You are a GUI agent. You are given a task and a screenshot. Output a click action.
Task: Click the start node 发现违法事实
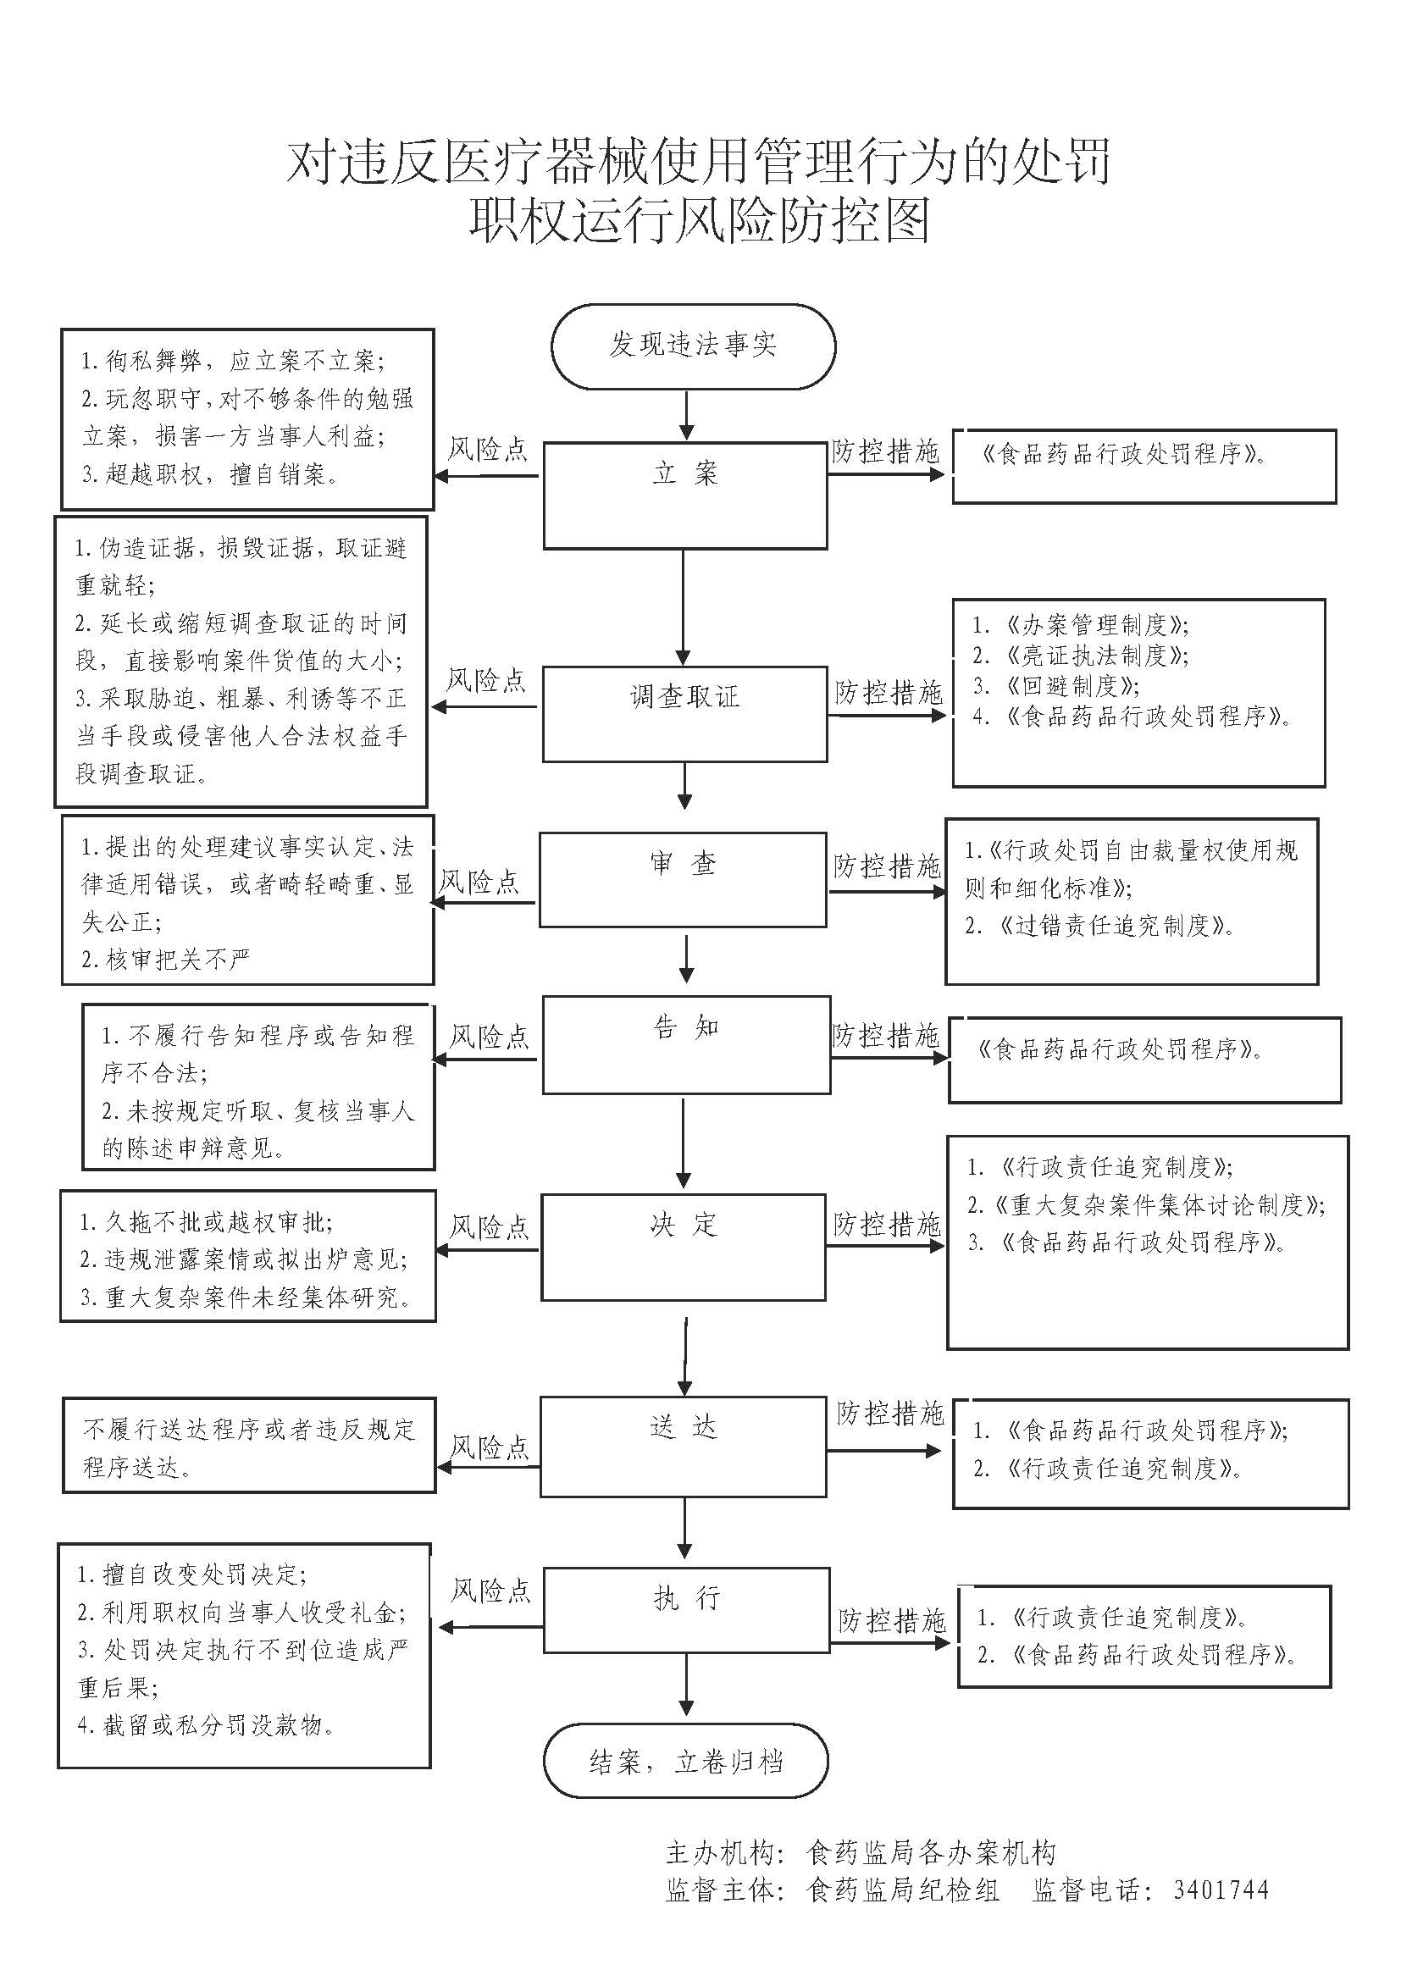pos(693,345)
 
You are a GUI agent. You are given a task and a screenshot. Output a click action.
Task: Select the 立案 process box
pos(685,495)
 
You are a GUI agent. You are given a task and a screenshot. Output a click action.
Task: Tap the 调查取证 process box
pos(685,712)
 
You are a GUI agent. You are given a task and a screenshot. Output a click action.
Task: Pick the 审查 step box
pos(683,879)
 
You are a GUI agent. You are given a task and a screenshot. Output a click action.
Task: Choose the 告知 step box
pos(686,1044)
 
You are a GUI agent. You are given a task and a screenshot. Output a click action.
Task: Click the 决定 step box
pos(684,1247)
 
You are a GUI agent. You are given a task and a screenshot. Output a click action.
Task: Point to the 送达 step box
pos(684,1447)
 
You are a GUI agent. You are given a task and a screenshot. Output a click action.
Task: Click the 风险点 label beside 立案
pos(487,450)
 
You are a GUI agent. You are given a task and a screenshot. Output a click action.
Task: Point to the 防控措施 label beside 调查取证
pos(889,692)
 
